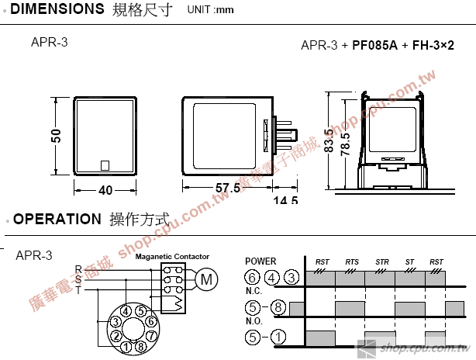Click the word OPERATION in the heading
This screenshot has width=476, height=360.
[x=57, y=219]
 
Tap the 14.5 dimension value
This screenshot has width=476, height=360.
[x=285, y=199]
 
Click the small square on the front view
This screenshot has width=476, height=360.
[x=105, y=164]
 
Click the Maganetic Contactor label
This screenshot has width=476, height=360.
[x=172, y=256]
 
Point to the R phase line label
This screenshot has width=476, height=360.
[x=78, y=269]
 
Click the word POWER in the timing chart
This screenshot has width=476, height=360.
[x=260, y=261]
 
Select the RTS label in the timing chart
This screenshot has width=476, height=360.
[x=352, y=262]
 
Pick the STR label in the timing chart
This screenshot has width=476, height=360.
[x=381, y=262]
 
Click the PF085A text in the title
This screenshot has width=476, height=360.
[x=374, y=46]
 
